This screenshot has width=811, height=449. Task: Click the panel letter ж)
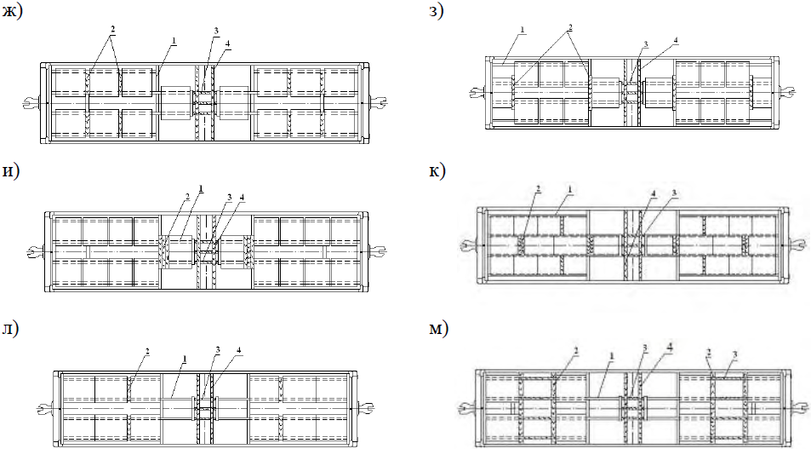tap(12, 11)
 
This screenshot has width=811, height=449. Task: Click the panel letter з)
tap(436, 11)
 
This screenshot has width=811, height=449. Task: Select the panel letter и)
tap(11, 171)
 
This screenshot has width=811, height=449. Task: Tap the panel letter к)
tap(437, 171)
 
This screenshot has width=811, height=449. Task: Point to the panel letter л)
tap(10, 329)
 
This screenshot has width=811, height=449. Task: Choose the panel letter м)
tap(438, 329)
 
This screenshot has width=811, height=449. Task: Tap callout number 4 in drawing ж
tap(227, 44)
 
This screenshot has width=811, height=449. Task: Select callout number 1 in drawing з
tap(522, 30)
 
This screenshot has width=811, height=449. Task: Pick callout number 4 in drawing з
tap(676, 40)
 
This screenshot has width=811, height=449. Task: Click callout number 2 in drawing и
tap(187, 197)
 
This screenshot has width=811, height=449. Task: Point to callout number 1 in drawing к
tap(569, 190)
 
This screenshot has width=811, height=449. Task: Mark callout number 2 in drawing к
tap(538, 190)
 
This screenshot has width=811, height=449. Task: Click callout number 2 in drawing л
tap(147, 352)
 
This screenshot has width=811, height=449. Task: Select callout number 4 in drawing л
tap(238, 351)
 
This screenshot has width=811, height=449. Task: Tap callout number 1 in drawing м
tap(611, 356)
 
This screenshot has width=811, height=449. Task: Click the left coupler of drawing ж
tap(31, 102)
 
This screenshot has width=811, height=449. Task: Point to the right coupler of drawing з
tap(786, 92)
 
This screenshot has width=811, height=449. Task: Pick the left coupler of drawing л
tap(45, 409)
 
